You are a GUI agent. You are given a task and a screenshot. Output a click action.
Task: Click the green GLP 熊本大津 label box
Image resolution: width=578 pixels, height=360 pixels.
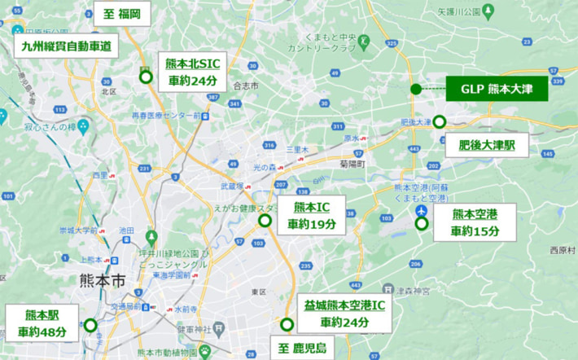[497, 89]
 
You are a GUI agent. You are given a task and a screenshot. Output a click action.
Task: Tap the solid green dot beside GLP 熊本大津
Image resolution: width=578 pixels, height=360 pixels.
[416, 89]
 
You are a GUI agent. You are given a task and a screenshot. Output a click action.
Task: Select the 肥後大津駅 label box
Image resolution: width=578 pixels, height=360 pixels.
[487, 146]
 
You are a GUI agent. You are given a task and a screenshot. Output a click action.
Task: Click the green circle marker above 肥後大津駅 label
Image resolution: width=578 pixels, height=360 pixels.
[439, 122]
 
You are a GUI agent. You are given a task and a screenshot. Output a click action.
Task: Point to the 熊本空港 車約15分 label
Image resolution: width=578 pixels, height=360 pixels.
[475, 222]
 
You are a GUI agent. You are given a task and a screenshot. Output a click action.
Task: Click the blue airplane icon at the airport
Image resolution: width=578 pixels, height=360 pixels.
[421, 210]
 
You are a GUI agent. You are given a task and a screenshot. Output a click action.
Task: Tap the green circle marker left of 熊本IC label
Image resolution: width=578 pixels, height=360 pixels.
[265, 220]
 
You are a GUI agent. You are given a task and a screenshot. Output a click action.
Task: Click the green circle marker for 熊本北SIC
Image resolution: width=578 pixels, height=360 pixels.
[146, 77]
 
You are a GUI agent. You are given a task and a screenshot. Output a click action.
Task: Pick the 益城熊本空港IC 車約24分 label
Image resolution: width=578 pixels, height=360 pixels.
[344, 314]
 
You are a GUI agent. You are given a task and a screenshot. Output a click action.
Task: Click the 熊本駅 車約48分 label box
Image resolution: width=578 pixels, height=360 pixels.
[41, 323]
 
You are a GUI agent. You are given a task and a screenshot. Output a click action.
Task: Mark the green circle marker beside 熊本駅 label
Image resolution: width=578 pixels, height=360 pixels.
[90, 325]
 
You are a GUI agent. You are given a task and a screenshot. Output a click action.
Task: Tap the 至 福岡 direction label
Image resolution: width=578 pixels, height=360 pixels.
[123, 14]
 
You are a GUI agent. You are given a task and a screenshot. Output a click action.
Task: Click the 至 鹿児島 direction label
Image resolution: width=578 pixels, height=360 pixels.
[301, 349]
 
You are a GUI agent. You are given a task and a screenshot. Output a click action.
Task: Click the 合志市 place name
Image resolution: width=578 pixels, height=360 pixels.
[245, 85]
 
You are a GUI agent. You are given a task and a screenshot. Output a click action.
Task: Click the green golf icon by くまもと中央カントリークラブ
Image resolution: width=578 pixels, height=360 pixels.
[364, 40]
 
